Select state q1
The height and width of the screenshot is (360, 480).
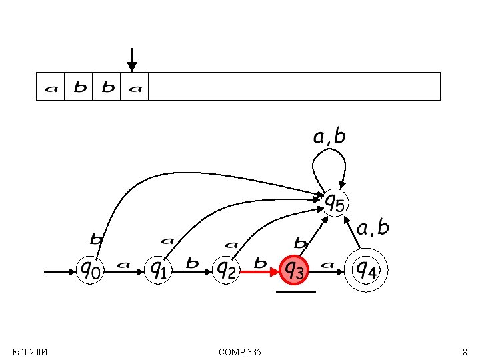pyautogui.click(x=158, y=270)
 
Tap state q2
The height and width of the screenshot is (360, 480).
pyautogui.click(x=227, y=270)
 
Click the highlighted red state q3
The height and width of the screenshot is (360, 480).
pyautogui.click(x=295, y=270)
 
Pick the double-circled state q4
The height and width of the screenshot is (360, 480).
pyautogui.click(x=366, y=269)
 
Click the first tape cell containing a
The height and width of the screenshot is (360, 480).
pyautogui.click(x=51, y=87)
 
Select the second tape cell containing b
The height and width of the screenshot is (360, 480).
pyautogui.click(x=79, y=87)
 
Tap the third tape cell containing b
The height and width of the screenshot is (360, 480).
pyautogui.click(x=107, y=87)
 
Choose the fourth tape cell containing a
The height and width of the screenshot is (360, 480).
pyautogui.click(x=135, y=87)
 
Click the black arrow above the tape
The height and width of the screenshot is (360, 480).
pyautogui.click(x=132, y=59)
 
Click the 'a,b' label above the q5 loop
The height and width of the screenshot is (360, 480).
pyautogui.click(x=329, y=137)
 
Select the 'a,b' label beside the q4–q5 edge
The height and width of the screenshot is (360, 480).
pyautogui.click(x=373, y=229)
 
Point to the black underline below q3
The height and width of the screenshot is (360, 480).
pyautogui.click(x=295, y=291)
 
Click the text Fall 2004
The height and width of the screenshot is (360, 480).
pyautogui.click(x=30, y=351)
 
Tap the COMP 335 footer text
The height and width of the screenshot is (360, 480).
pyautogui.click(x=239, y=351)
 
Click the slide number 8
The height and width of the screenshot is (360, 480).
pyautogui.click(x=464, y=351)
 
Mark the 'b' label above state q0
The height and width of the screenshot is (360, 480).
pyautogui.click(x=96, y=237)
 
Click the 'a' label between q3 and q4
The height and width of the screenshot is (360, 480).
pyautogui.click(x=327, y=264)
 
